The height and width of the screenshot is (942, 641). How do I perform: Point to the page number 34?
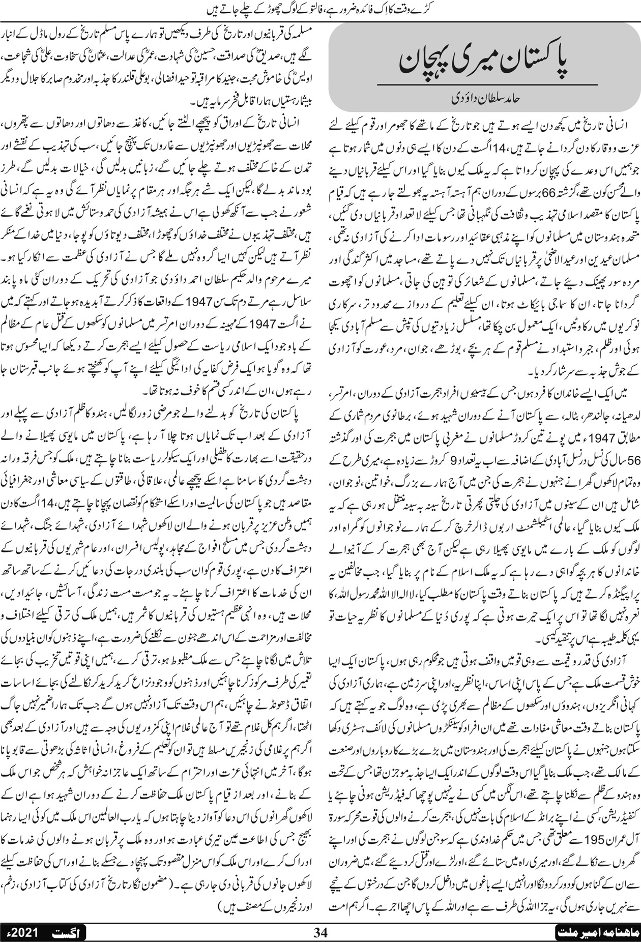(x=320, y=932)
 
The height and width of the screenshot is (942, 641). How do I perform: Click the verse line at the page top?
(x=320, y=7)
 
